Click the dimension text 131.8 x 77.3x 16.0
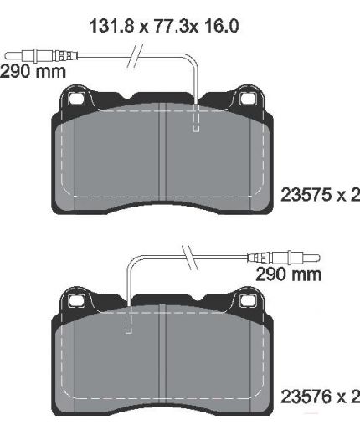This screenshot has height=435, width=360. point(164,26)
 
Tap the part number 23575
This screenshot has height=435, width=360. point(306,195)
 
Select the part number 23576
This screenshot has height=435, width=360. point(306,397)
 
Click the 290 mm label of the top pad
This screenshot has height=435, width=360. point(33,71)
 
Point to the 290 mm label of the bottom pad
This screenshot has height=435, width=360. point(288,274)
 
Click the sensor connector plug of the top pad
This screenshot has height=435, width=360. point(41,56)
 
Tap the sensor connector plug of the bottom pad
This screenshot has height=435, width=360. point(283,258)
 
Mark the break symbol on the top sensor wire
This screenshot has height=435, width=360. point(136,55)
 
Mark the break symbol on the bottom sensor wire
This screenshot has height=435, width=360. point(190,258)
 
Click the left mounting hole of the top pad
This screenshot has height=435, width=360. point(76,99)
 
